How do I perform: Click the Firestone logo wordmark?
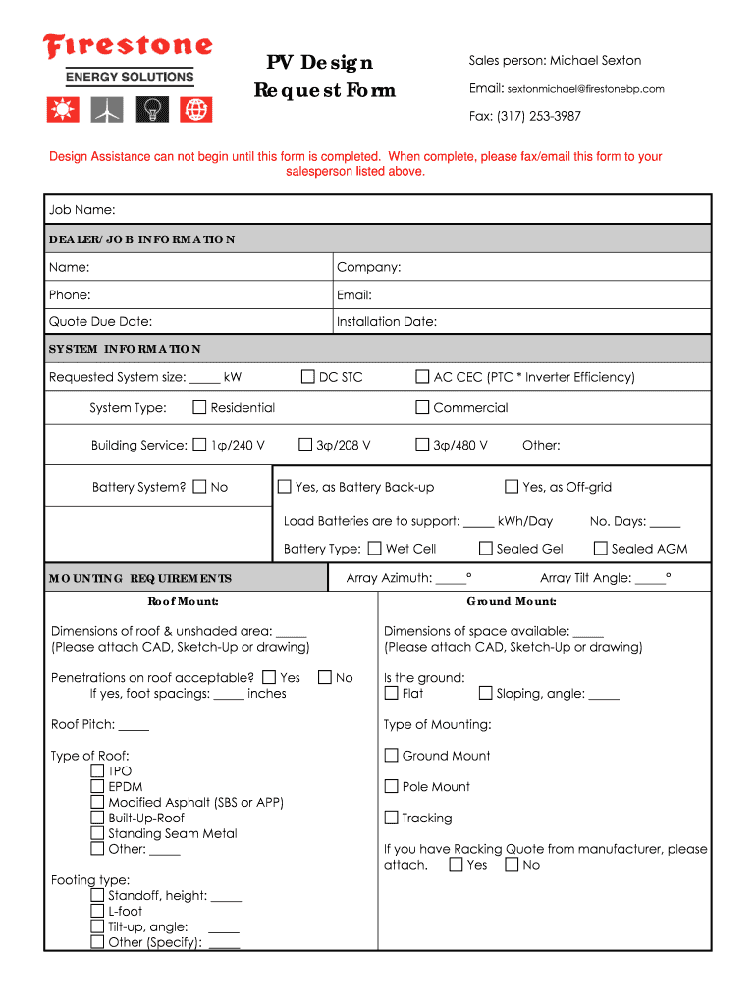coord(127,47)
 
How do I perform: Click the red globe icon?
coord(197,111)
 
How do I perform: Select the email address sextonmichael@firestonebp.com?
coord(585,89)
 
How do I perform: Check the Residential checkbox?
coord(199,407)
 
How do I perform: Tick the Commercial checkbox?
coord(422,407)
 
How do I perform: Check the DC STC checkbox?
coord(308,377)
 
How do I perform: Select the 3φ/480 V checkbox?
coord(422,445)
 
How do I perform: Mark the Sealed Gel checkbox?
coord(485,549)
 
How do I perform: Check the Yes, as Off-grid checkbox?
coord(512,487)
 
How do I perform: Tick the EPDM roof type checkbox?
coord(97,787)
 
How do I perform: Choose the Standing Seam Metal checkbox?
coord(97,833)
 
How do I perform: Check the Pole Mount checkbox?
coord(391,786)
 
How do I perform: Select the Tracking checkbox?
coord(391,818)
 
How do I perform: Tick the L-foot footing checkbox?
coord(97,911)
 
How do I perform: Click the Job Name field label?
coord(82,210)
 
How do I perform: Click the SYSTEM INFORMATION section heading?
coord(125,349)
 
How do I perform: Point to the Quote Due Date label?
coord(100,322)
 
